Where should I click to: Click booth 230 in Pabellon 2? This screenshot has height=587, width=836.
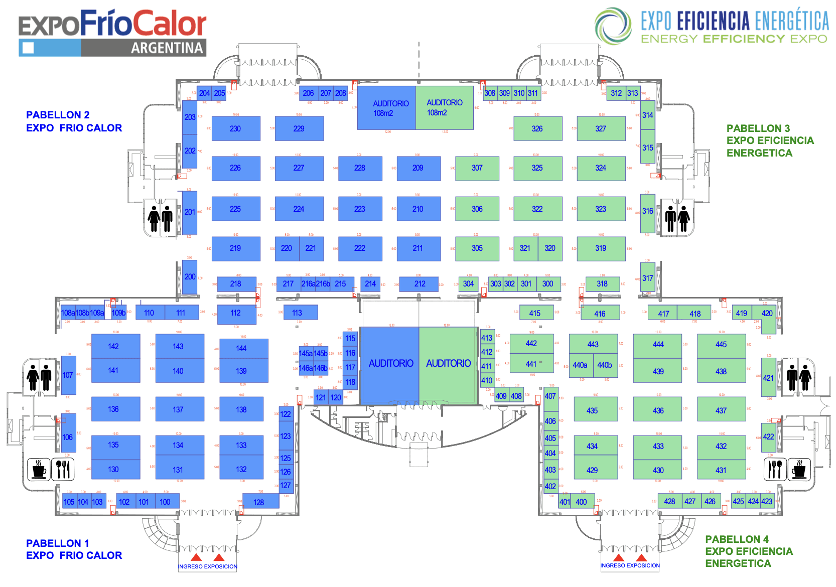pyautogui.click(x=236, y=128)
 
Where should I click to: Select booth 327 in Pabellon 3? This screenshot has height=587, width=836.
pyautogui.click(x=601, y=128)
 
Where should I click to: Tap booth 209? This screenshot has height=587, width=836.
pyautogui.click(x=419, y=168)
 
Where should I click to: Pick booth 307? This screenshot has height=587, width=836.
pyautogui.click(x=477, y=168)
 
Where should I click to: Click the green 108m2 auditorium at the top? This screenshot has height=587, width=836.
pyautogui.click(x=445, y=108)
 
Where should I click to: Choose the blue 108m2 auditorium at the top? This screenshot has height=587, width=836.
pyautogui.click(x=387, y=108)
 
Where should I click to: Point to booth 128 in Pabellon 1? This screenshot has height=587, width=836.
pyautogui.click(x=259, y=501)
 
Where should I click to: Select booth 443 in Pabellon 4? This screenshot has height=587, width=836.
pyautogui.click(x=593, y=344)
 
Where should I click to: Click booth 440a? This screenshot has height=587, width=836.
pyautogui.click(x=581, y=365)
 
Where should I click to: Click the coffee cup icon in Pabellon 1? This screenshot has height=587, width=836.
pyautogui.click(x=39, y=469)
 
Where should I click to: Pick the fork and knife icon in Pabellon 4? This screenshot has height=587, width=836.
pyautogui.click(x=775, y=469)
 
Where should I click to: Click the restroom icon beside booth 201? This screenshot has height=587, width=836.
pyautogui.click(x=161, y=218)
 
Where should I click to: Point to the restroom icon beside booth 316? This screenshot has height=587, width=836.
pyautogui.click(x=677, y=218)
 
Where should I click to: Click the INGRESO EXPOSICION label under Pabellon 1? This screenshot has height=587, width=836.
pyautogui.click(x=207, y=566)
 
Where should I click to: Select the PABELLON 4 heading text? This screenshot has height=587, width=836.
pyautogui.click(x=737, y=539)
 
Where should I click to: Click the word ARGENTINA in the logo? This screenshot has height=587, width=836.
pyautogui.click(x=167, y=48)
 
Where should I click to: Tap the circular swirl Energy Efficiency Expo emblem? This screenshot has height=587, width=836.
pyautogui.click(x=613, y=26)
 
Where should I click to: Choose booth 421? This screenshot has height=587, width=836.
pyautogui.click(x=768, y=377)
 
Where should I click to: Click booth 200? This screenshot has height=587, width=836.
pyautogui.click(x=190, y=276)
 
